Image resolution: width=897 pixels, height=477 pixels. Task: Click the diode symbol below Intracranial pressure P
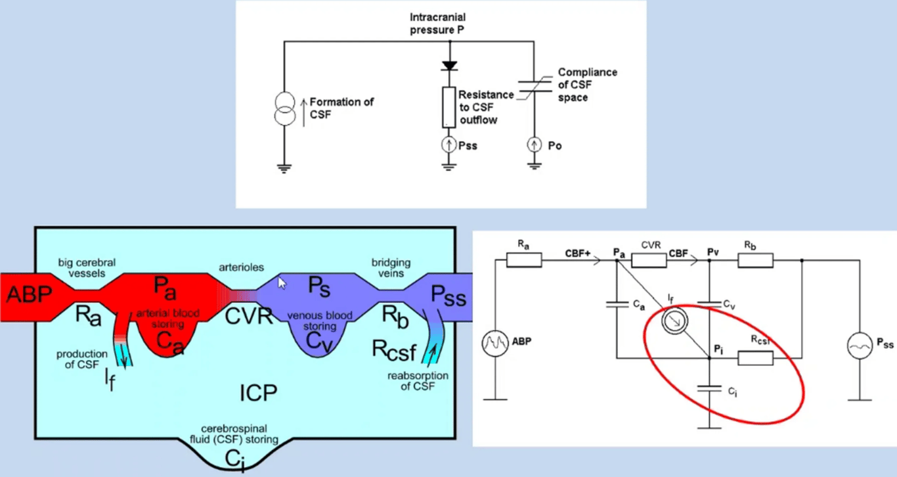click(x=449, y=66)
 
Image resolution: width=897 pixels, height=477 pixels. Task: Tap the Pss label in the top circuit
click(x=468, y=146)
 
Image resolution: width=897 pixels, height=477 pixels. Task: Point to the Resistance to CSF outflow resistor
click(x=449, y=106)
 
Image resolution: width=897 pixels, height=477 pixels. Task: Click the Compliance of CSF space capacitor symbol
click(x=533, y=89)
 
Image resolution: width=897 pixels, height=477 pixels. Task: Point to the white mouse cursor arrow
click(x=282, y=283)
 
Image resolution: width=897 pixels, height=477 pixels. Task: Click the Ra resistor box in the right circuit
click(x=524, y=260)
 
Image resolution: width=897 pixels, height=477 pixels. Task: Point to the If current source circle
click(x=672, y=321)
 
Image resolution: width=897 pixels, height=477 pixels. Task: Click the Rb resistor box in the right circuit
click(x=756, y=260)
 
